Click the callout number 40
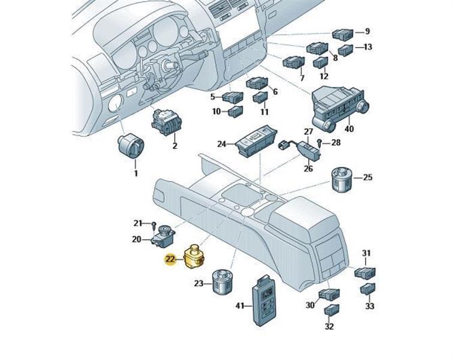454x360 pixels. tap(350, 128)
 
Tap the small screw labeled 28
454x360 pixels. tap(320, 143)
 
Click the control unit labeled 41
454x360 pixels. tap(263, 296)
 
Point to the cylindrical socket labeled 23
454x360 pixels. tap(222, 282)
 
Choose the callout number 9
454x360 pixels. tap(368, 31)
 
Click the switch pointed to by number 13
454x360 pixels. tap(345, 49)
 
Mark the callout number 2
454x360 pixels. tap(175, 145)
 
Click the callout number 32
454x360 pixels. tap(329, 327)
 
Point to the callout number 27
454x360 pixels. tap(308, 131)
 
